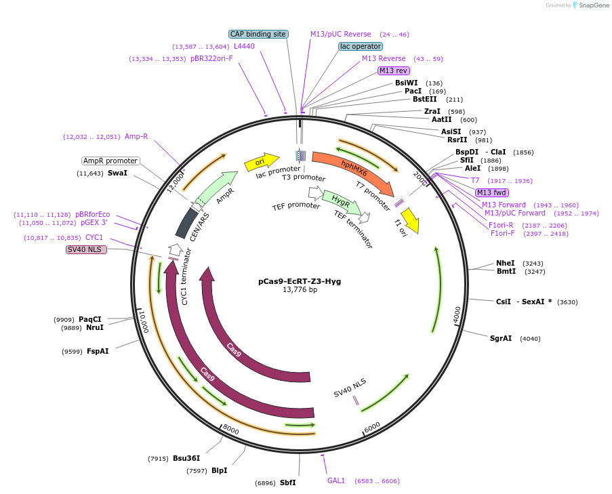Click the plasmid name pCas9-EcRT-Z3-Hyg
point(300,281)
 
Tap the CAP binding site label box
point(258,34)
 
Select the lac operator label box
point(361,46)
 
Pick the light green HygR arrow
point(337,201)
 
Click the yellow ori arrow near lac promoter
point(262,162)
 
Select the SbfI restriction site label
point(285,482)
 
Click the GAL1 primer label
point(336,480)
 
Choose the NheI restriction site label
point(506,263)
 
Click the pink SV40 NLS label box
point(86,249)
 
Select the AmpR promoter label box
point(110,161)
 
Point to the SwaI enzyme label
point(117,173)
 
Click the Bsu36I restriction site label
point(186,458)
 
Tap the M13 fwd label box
point(491,192)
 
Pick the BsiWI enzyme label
point(407,83)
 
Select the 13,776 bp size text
point(300,290)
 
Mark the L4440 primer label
point(244,46)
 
